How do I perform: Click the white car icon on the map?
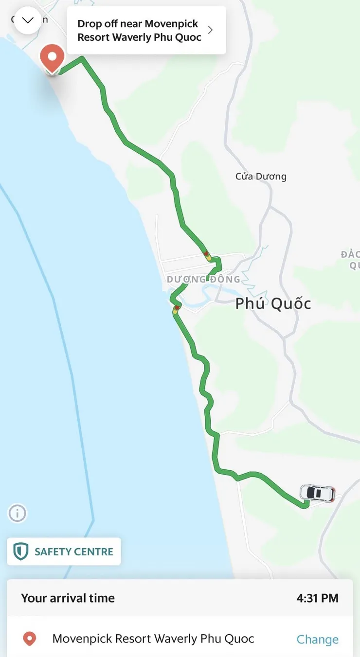(x=317, y=493)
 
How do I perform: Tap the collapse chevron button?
(x=28, y=20)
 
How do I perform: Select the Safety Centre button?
(x=64, y=551)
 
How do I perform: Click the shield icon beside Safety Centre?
(x=20, y=552)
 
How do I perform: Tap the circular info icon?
(x=18, y=513)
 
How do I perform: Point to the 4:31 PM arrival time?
(x=317, y=598)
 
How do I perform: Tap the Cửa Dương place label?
(x=261, y=177)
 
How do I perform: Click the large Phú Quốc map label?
(x=273, y=304)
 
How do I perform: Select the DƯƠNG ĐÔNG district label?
(x=203, y=280)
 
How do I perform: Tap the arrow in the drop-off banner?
(x=210, y=30)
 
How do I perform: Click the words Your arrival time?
(x=68, y=598)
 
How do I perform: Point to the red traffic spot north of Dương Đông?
(x=206, y=254)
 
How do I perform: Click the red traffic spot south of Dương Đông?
(x=177, y=307)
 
